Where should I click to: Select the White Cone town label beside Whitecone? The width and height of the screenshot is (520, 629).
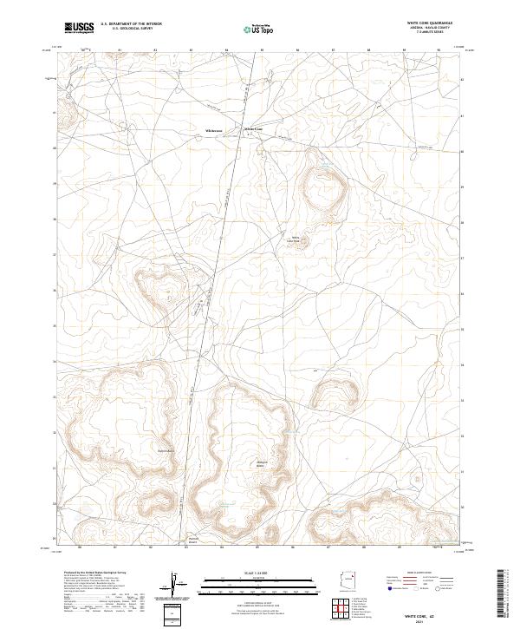(254, 130)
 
